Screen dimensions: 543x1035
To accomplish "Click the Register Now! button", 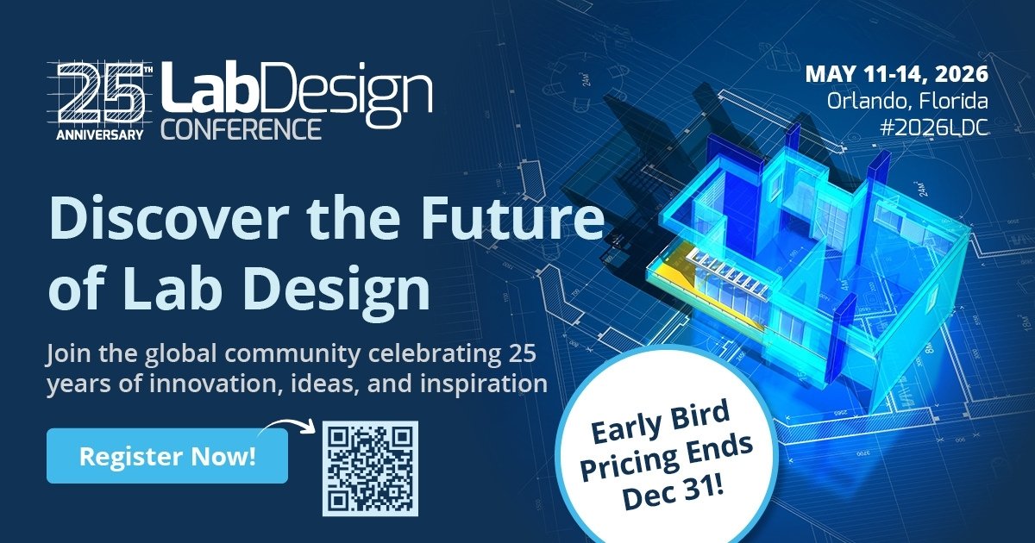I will click(x=166, y=455).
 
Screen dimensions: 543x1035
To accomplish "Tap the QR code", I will click(x=370, y=468).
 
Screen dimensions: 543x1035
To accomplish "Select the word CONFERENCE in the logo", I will click(x=241, y=128).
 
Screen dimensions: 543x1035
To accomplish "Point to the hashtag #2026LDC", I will click(x=935, y=127).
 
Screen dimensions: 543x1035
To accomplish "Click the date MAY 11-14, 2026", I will click(x=897, y=74).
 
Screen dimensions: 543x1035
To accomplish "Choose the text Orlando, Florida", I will click(x=907, y=101).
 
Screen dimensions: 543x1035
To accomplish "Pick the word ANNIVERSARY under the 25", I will click(x=100, y=135).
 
